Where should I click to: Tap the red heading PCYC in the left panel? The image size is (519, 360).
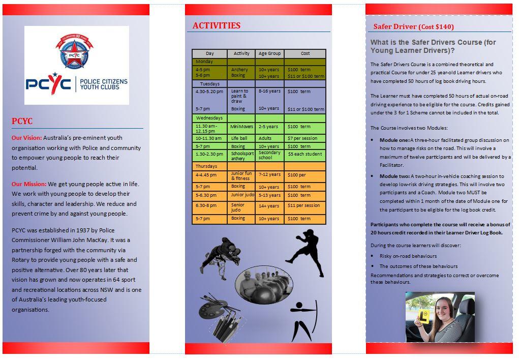pos(22,121)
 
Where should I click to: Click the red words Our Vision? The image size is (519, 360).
pos(27,138)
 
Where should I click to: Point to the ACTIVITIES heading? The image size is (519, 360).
pos(217,25)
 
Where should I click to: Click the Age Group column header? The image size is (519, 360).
pos(269,53)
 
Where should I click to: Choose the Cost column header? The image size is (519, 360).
pos(305,53)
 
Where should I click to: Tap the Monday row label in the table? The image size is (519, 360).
pos(204,62)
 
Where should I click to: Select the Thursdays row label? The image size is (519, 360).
pos(206,166)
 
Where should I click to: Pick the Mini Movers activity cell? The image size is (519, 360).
pos(241,127)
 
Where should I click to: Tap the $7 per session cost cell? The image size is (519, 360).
pos(302,138)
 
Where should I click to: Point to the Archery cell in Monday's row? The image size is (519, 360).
pos(239,70)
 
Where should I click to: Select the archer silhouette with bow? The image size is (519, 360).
pos(303,320)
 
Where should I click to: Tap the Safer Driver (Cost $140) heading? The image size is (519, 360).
pos(413,26)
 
